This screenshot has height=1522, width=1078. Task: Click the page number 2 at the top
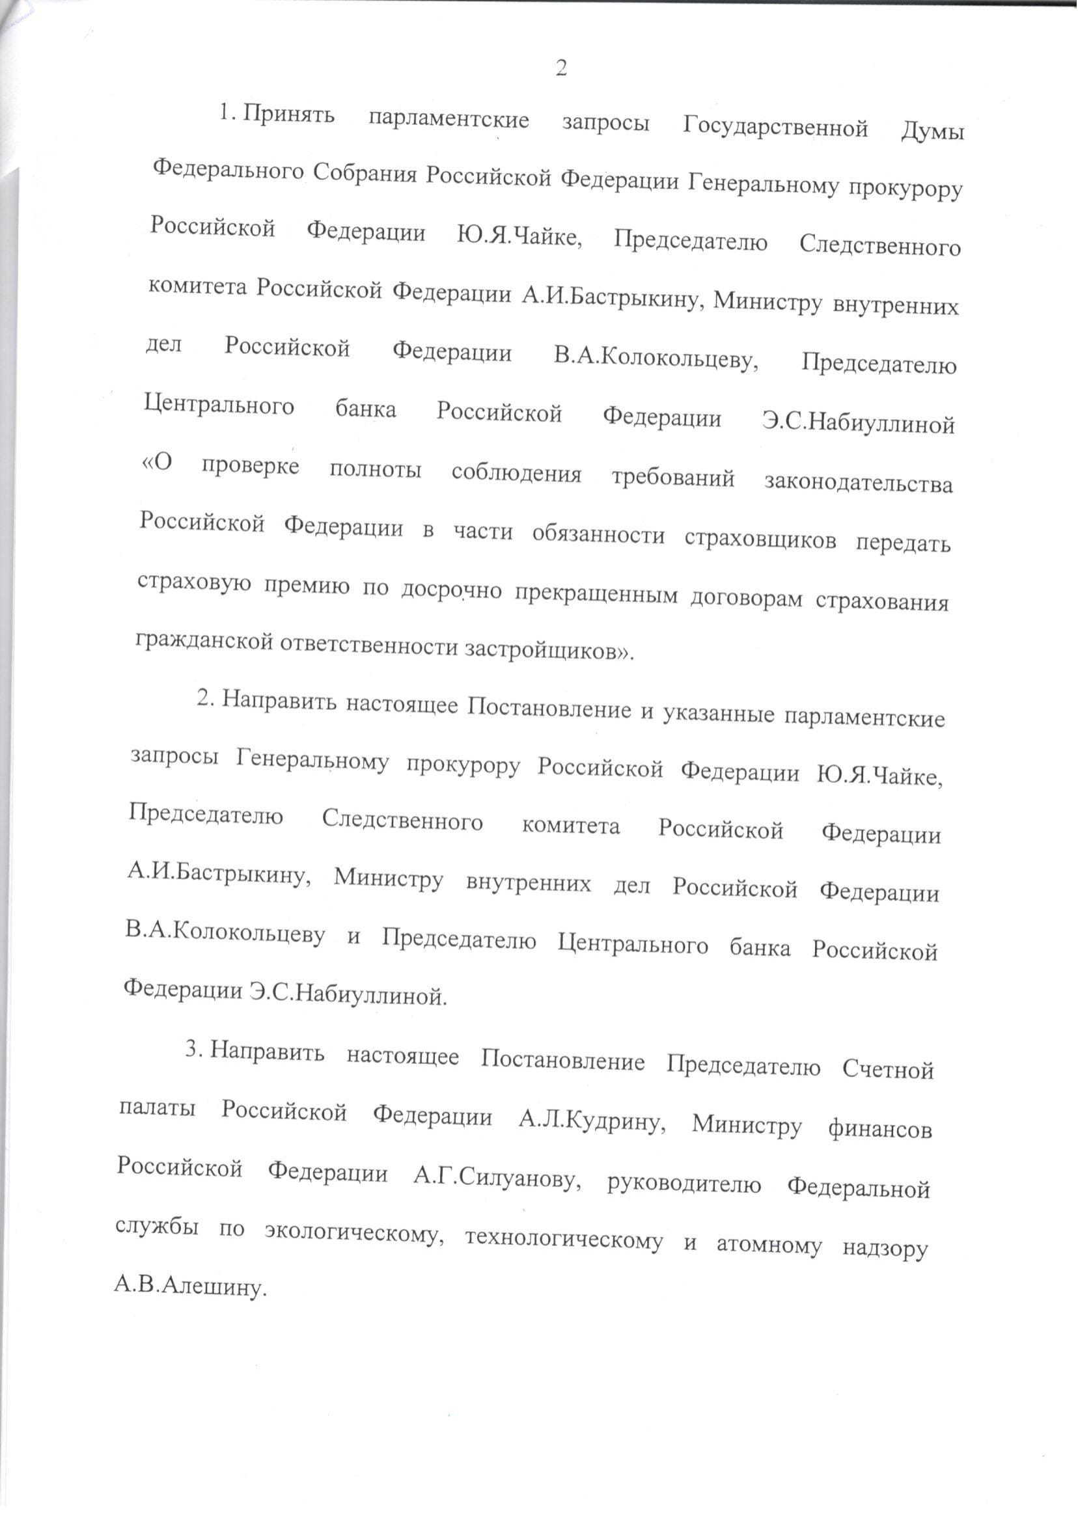(561, 68)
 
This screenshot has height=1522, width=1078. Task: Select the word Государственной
(775, 126)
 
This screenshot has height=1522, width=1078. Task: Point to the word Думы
(932, 132)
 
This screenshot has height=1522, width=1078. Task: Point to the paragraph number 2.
(204, 699)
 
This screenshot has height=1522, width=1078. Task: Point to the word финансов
(879, 1128)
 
